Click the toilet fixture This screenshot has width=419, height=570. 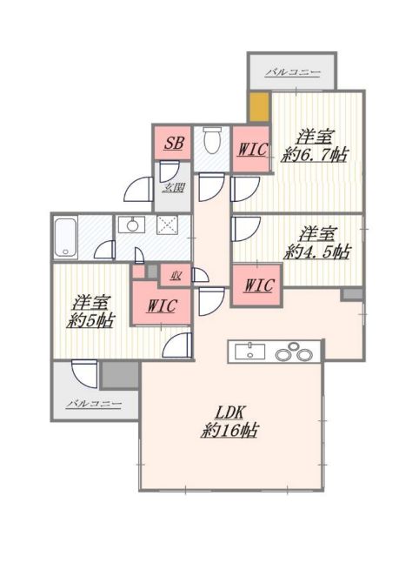pyautogui.click(x=212, y=140)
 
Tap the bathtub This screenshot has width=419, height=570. pyautogui.click(x=66, y=238)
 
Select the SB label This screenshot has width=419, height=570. pyautogui.click(x=174, y=143)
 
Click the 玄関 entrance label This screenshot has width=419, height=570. pyautogui.click(x=174, y=188)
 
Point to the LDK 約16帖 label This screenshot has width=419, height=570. pyautogui.click(x=229, y=422)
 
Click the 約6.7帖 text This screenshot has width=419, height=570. pyautogui.click(x=315, y=155)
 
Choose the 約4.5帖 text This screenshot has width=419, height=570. pyautogui.click(x=317, y=251)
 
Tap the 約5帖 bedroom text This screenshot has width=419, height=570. pyautogui.click(x=90, y=320)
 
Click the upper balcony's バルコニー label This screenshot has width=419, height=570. pyautogui.click(x=293, y=73)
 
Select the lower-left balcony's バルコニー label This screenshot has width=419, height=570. pyautogui.click(x=94, y=404)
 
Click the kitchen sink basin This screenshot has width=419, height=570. pyautogui.click(x=249, y=352)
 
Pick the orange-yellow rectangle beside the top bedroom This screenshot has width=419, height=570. pyautogui.click(x=259, y=106)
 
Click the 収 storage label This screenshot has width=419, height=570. pyautogui.click(x=176, y=276)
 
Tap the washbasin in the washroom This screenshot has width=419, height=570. pyautogui.click(x=132, y=225)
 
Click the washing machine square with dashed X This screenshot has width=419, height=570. pyautogui.click(x=167, y=225)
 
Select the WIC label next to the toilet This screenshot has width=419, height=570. pyautogui.click(x=252, y=149)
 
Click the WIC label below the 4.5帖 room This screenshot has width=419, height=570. pyautogui.click(x=258, y=285)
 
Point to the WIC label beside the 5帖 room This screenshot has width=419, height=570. pyautogui.click(x=162, y=305)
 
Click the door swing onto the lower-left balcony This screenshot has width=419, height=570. pyautogui.click(x=84, y=373)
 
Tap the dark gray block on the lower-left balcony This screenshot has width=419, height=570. pyautogui.click(x=120, y=375)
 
